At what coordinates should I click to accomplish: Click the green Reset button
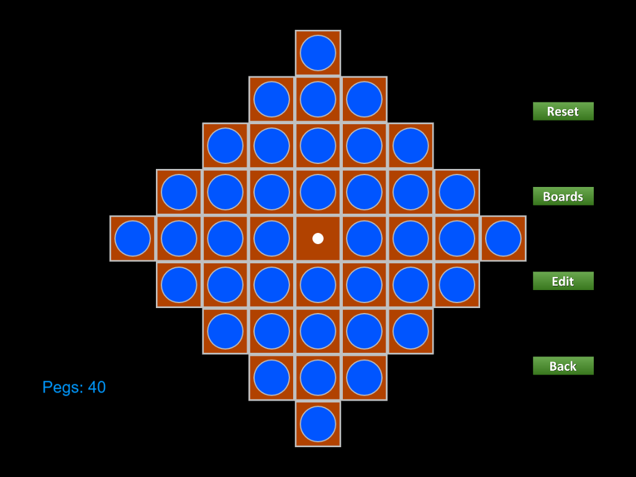coord(563,111)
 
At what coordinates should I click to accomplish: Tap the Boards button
coord(563,196)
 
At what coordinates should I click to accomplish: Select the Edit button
coord(563,281)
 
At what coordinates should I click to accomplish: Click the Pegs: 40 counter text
coord(75,388)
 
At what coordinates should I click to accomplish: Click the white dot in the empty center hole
coord(318,238)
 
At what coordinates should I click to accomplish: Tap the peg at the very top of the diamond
coord(318,53)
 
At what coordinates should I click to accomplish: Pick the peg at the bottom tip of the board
coord(318,424)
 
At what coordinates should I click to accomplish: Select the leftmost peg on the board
coord(133,238)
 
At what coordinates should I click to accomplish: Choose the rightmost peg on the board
coord(503,238)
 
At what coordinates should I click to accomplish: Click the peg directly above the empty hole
coord(318,193)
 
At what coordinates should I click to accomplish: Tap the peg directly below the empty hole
coord(318,284)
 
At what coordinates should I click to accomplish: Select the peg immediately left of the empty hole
coord(272,238)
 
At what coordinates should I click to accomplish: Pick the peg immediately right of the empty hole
coord(364,238)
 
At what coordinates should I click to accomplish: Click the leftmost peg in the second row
coord(272,99)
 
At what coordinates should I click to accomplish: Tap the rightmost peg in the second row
coord(364,99)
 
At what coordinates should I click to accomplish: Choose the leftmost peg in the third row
coord(225,146)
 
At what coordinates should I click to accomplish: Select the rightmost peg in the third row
coord(411,146)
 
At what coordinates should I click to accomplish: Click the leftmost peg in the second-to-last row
coord(272,378)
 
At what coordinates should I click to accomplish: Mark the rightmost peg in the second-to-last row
coord(364,378)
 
